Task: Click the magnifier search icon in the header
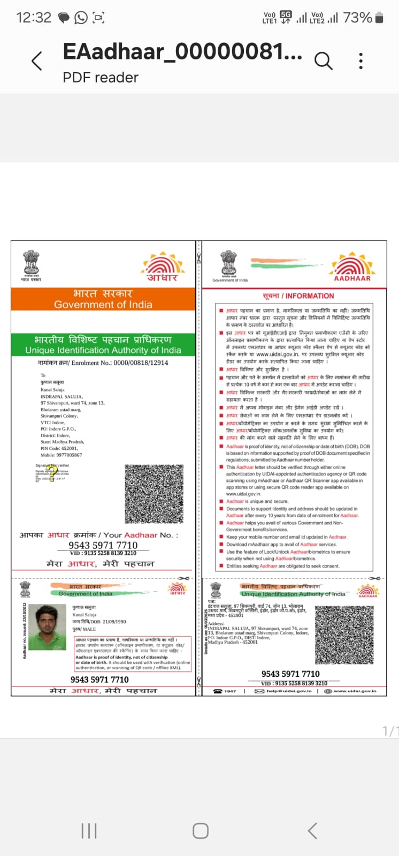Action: [x=323, y=61]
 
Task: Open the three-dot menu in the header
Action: [x=361, y=61]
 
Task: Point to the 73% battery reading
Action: [x=357, y=18]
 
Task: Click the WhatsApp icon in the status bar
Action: [x=81, y=18]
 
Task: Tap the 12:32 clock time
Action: [x=34, y=18]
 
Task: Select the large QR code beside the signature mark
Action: [x=154, y=493]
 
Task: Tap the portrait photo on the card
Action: [x=48, y=627]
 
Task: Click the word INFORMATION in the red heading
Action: [x=310, y=296]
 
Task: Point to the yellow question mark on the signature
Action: [x=51, y=472]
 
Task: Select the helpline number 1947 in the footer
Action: [x=230, y=691]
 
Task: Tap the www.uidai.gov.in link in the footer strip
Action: [x=355, y=691]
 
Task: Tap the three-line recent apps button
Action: [x=89, y=830]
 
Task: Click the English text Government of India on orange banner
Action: [x=103, y=304]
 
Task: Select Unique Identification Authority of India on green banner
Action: [x=103, y=350]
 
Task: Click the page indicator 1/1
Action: [x=390, y=731]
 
